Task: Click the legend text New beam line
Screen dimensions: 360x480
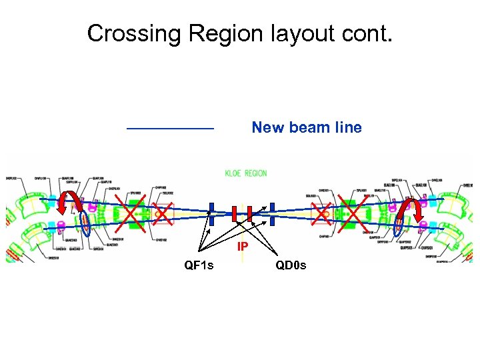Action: pos(306,127)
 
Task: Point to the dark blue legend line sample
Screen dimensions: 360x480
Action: pos(170,127)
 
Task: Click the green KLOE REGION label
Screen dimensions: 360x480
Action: pos(245,173)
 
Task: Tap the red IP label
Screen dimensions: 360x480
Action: pos(243,247)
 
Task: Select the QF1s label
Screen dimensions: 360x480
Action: pos(199,266)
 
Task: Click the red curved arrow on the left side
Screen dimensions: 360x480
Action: pos(66,203)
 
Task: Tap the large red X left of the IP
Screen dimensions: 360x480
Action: pos(133,214)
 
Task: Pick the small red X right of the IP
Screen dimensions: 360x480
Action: pos(323,213)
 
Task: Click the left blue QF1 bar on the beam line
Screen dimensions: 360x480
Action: pos(211,214)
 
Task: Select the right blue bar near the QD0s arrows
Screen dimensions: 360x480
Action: pos(272,214)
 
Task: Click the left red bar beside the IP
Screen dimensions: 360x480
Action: pos(234,214)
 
